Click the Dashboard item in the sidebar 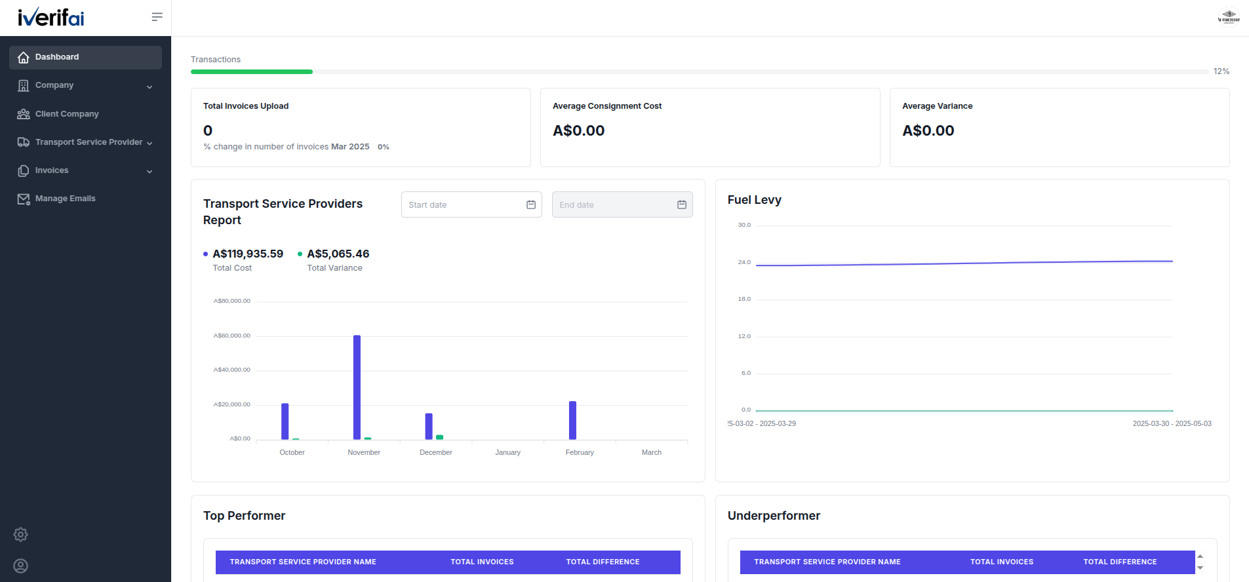point(85,57)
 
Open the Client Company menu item point(67,114)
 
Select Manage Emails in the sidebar point(65,199)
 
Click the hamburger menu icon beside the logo point(157,17)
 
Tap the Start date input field point(471,204)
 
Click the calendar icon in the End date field point(682,204)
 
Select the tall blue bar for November point(357,387)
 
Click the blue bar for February point(572,420)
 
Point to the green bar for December point(440,437)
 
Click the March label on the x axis point(652,452)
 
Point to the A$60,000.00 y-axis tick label point(232,336)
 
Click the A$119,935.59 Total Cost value point(248,254)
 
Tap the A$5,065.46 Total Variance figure point(338,254)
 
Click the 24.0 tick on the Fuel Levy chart point(744,262)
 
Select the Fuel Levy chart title point(755,200)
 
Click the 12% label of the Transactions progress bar point(1221,71)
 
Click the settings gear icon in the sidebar point(21,534)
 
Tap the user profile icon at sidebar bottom point(21,566)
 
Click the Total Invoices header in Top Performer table point(482,562)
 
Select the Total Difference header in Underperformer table point(1120,562)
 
